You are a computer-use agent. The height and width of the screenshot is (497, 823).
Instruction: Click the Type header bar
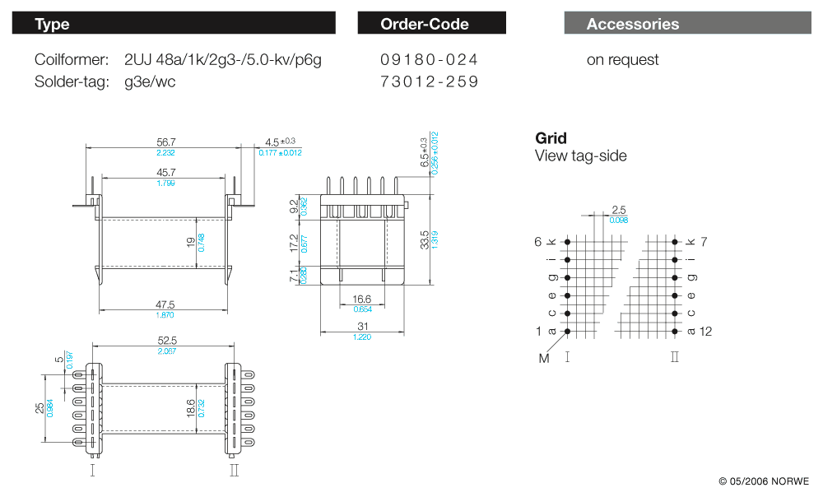point(174,23)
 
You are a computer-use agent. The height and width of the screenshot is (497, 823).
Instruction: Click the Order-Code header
point(431,23)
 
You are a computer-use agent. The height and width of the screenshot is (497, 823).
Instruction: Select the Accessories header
point(687,23)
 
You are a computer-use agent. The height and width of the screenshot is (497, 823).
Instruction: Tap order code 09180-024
point(429,59)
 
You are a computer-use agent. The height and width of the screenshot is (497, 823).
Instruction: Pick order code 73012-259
point(429,81)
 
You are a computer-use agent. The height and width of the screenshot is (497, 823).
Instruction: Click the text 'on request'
point(622,59)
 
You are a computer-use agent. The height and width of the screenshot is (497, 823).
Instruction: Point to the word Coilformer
point(72,59)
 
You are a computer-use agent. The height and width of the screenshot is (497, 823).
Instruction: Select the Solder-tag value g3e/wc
point(150,81)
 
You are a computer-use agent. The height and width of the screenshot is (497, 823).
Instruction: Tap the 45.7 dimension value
point(165,172)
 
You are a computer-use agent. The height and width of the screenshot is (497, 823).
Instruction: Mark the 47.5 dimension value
point(165,304)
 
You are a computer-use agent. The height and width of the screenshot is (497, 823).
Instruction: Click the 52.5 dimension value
point(168,340)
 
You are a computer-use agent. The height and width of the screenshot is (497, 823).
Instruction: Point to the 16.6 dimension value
point(362,300)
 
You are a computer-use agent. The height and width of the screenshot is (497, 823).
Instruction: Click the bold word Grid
point(551,138)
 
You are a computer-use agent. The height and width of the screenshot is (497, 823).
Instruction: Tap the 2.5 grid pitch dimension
point(618,210)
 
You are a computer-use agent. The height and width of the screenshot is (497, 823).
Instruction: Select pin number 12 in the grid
point(705,332)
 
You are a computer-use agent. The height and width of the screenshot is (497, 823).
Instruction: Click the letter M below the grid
point(543,358)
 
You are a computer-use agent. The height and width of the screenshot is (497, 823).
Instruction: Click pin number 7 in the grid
point(704,241)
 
